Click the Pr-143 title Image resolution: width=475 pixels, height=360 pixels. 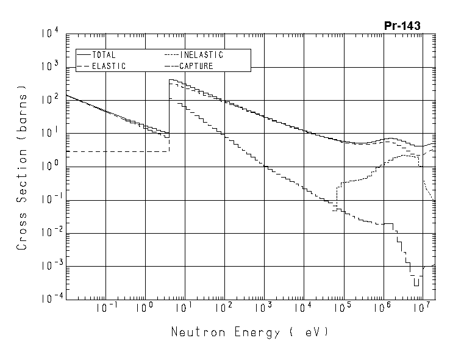click(402, 26)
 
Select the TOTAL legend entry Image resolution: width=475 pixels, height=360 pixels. click(104, 55)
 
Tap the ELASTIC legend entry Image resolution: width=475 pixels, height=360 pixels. click(109, 66)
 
